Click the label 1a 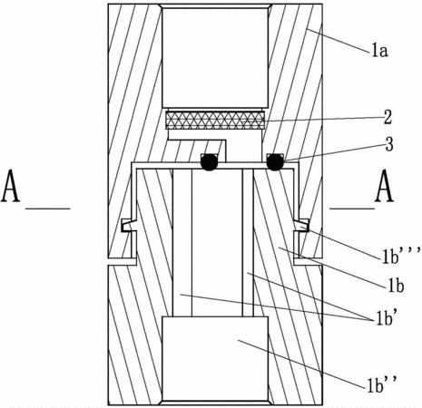tap(379, 52)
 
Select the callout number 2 tap(388, 117)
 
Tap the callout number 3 tap(389, 144)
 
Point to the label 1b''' tap(401, 257)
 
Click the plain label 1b tap(396, 286)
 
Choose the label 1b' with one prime tap(386, 318)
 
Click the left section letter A tap(11, 186)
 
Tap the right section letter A tap(384, 186)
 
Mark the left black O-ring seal tap(209, 162)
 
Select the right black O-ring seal tap(275, 162)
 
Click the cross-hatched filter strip tap(215, 121)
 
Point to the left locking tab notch tap(127, 225)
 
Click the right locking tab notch tap(302, 225)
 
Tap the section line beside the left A tap(48, 209)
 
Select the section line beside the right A tap(352, 209)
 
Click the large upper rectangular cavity tap(215, 57)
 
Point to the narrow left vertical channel tap(182, 243)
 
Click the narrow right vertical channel tap(248, 243)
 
